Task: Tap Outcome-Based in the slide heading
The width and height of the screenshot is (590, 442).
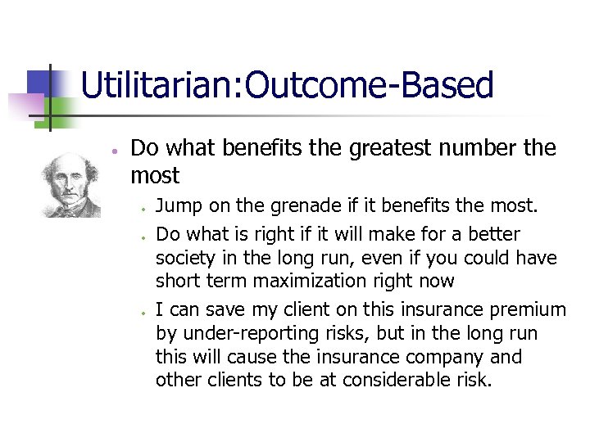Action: [x=369, y=86]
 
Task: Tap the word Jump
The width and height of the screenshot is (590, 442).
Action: [x=175, y=205]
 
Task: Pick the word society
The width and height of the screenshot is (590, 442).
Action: [x=184, y=258]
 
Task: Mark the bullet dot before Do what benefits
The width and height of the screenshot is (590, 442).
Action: [x=116, y=151]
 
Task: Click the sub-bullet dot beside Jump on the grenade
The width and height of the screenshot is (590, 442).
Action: [x=143, y=208]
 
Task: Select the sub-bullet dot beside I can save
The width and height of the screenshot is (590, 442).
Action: [x=143, y=312]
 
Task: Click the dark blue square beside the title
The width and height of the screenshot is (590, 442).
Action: [x=39, y=81]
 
